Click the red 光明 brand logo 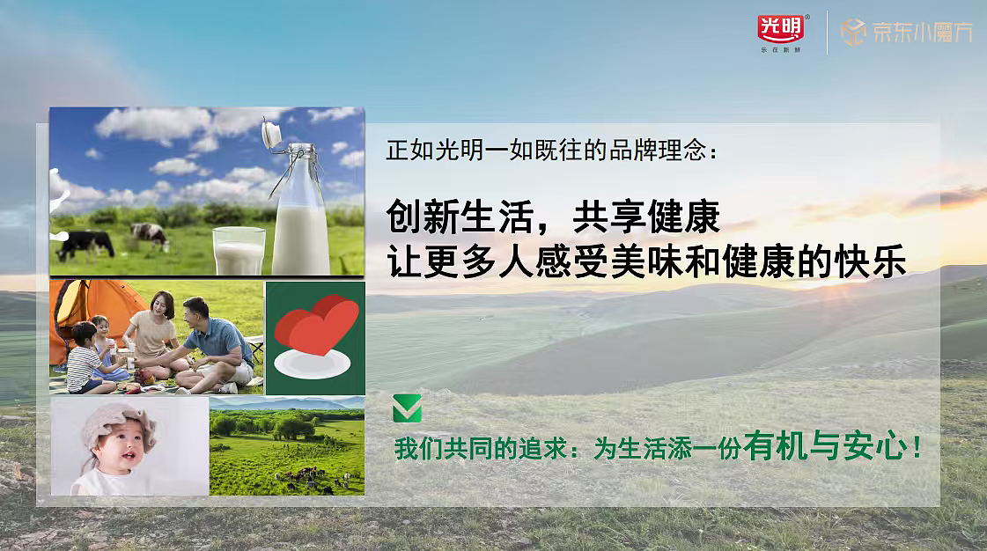pyautogui.click(x=780, y=29)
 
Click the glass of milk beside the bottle pyautogui.click(x=239, y=251)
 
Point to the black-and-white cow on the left pyautogui.click(x=85, y=241)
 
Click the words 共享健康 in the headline pyautogui.click(x=645, y=217)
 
